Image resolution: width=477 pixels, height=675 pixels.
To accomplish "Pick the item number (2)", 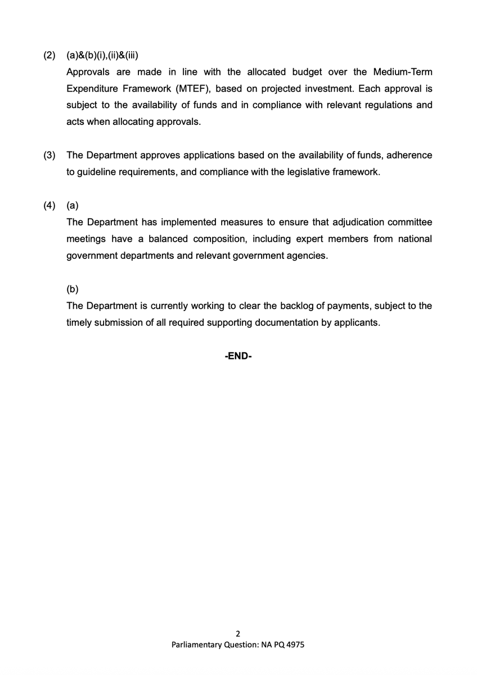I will coord(50,56).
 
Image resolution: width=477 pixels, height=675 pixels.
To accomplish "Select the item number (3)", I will coord(50,155).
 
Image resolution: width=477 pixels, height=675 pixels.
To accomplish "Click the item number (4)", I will coord(50,205).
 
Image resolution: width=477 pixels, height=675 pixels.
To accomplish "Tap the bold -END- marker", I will coord(238,357).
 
